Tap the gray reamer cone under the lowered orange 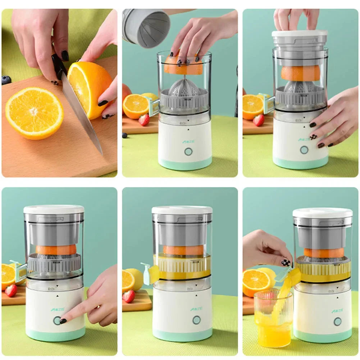(x=184, y=88)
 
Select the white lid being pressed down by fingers (x=300, y=33)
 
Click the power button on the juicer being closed (x=304, y=150)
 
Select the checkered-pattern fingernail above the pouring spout (x=286, y=263)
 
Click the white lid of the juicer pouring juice (x=322, y=213)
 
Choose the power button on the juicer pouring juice (x=337, y=321)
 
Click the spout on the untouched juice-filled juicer (x=150, y=273)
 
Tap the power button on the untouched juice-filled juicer (x=196, y=320)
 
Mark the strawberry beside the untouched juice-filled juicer (x=129, y=296)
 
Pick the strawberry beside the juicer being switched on (x=11, y=291)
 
